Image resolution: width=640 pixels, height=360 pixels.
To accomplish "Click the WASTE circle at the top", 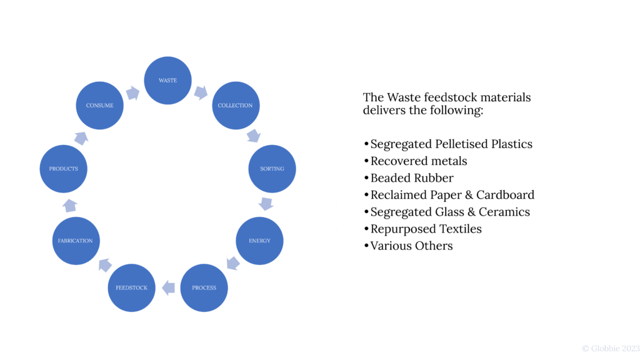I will [x=167, y=81].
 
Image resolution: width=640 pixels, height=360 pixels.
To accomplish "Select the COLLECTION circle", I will [x=235, y=106].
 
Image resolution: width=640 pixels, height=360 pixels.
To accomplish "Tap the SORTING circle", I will [x=272, y=169].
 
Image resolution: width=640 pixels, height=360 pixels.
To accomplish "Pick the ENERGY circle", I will [x=259, y=241].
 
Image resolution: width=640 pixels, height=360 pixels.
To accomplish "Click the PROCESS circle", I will [x=204, y=288].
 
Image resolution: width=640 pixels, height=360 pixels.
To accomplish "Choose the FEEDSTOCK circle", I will [x=131, y=288].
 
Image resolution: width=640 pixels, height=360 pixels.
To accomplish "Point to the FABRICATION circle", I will [x=76, y=241].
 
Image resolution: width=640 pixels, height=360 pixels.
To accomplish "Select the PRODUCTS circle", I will [x=63, y=169].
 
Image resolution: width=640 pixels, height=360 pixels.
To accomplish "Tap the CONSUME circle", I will [x=100, y=106].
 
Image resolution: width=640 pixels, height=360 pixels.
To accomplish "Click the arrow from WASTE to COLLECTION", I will [x=201, y=92].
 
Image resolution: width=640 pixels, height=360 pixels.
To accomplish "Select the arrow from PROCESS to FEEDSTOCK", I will [x=167, y=288].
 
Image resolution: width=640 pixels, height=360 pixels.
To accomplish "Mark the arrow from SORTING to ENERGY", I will [x=266, y=204].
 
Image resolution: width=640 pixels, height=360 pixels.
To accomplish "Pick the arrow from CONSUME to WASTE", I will [x=132, y=93].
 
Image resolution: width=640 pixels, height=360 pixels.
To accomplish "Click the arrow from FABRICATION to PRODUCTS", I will [x=70, y=204].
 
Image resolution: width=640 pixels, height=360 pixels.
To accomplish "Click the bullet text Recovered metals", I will [x=419, y=161].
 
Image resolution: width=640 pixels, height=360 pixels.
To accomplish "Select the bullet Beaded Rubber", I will [x=412, y=178].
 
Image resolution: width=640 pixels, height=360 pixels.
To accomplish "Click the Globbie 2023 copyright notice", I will [x=611, y=348].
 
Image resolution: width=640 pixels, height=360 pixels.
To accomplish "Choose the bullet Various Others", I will [x=411, y=246].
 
